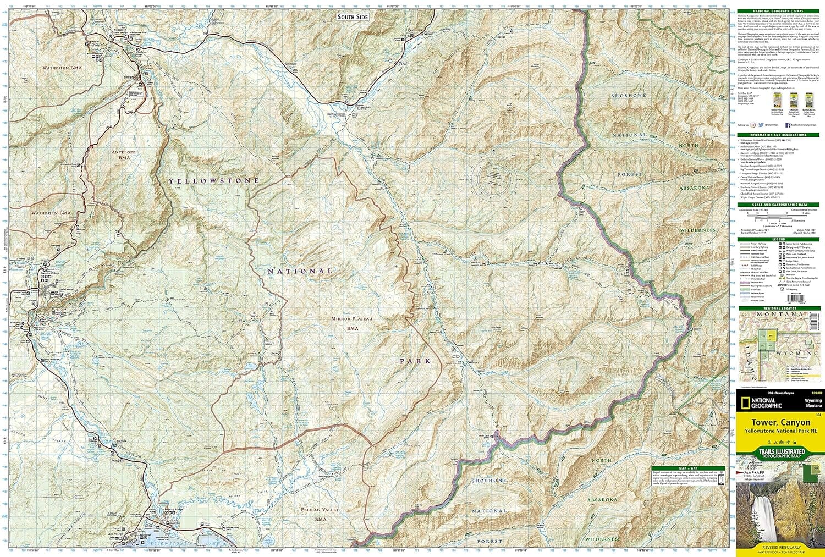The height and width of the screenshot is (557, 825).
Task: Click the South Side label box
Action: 353,17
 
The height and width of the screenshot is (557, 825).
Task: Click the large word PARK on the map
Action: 415,361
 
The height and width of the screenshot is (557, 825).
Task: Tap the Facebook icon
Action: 788,125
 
